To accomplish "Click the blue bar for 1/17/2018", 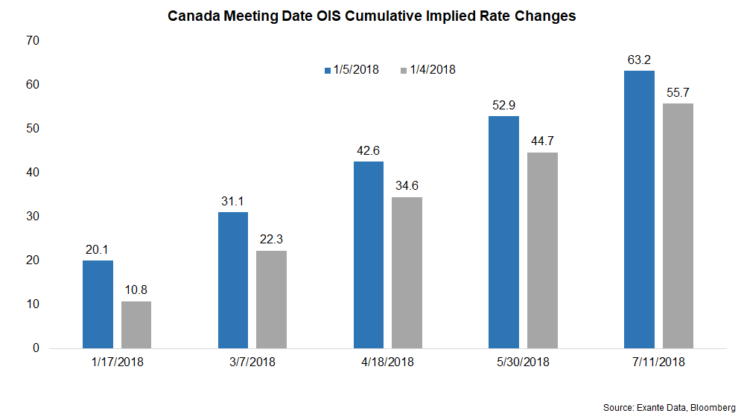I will click(98, 304).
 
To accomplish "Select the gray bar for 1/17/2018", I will click(136, 324).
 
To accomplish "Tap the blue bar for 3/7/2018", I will click(233, 280).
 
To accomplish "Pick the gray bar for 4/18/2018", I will click(407, 272).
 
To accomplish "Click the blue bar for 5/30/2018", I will click(503, 232).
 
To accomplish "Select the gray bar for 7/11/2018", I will click(678, 226).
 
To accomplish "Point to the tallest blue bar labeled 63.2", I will click(639, 209).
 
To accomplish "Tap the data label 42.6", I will click(369, 151).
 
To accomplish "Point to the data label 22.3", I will click(271, 240).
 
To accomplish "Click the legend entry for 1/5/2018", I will click(352, 70).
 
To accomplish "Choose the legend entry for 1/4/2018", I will click(428, 70).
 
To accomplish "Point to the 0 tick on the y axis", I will click(34, 348).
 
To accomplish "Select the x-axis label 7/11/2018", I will click(658, 362).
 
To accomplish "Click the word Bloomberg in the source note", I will click(711, 408).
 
